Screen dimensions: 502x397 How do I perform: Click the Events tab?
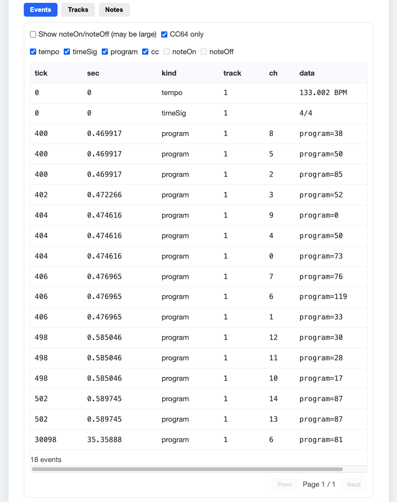[40, 10]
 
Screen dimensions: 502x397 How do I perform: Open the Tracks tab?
[78, 10]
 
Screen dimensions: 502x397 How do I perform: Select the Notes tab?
[114, 10]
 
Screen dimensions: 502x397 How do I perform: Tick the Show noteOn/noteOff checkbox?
[33, 34]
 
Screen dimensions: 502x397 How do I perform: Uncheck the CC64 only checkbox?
[165, 34]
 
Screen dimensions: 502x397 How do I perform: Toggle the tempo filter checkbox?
[33, 52]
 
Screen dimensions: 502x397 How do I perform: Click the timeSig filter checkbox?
[67, 52]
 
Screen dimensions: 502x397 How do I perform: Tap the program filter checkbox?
[105, 52]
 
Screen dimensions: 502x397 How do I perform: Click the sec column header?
[93, 73]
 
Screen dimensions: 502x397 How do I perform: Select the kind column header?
[169, 73]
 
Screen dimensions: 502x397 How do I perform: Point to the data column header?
[307, 73]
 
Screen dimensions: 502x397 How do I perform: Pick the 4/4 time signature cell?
[306, 113]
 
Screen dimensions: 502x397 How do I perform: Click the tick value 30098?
[46, 440]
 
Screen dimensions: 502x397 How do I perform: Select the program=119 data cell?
[323, 297]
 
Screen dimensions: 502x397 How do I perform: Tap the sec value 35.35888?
[105, 440]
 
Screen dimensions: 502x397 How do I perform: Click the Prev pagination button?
[284, 484]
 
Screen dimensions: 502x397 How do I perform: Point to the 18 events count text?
[46, 460]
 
